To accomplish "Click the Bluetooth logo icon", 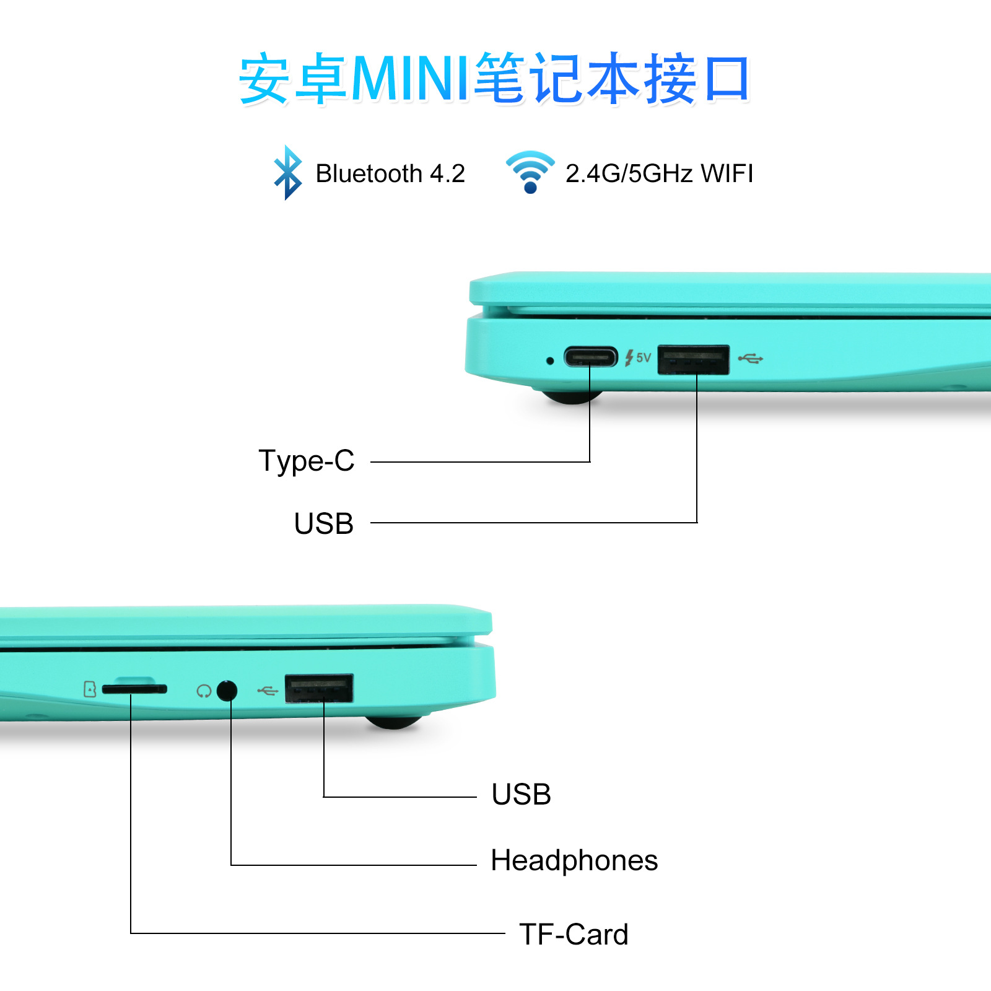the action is (288, 173).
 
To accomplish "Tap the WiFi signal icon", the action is (530, 172).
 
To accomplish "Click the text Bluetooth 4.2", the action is (390, 173).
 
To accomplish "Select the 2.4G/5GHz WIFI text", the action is (659, 173).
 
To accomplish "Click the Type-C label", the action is (307, 461).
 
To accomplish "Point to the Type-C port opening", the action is (591, 357).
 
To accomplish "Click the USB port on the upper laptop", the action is (693, 360).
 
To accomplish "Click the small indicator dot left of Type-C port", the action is (550, 360).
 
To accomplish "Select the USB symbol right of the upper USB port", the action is (751, 358).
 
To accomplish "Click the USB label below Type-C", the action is (324, 524).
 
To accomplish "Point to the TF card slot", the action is (134, 689).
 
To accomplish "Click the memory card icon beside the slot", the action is (90, 689).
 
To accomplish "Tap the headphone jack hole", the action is (227, 690).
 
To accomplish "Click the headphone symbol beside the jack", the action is (204, 691).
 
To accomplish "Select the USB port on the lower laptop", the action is (319, 688).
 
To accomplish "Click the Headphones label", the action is (574, 860).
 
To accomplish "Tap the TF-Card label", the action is (574, 934).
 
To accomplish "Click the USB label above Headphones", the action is (522, 795).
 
